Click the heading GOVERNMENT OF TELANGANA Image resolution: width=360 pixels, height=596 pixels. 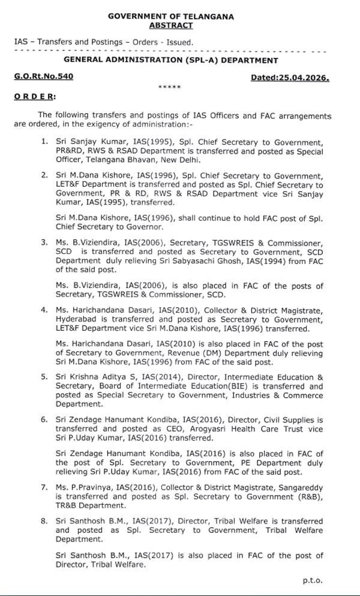pyautogui.click(x=171, y=17)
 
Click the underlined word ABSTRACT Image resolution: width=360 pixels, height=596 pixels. pyautogui.click(x=171, y=25)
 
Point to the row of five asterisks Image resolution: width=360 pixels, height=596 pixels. pyautogui.click(x=169, y=88)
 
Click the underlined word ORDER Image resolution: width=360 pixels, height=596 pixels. pyautogui.click(x=35, y=96)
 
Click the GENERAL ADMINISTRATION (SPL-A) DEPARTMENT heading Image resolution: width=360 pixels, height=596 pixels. pyautogui.click(x=171, y=61)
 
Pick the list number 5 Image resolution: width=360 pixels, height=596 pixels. pyautogui.click(x=44, y=378)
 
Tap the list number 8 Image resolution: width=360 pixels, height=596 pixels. pyautogui.click(x=44, y=522)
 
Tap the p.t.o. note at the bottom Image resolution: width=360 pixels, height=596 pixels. pyautogui.click(x=313, y=580)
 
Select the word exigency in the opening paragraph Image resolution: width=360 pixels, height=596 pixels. pyautogui.click(x=119, y=124)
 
